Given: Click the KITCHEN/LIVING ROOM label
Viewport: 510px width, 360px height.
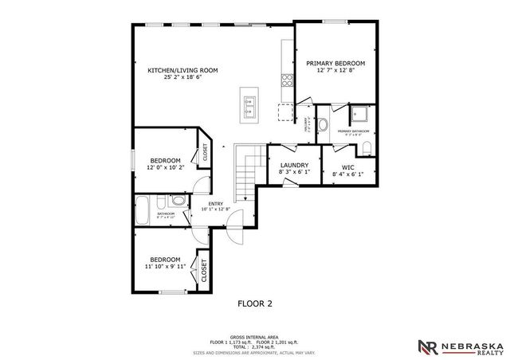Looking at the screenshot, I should pos(182,70).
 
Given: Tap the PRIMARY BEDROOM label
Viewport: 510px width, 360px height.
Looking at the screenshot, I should pos(335,63).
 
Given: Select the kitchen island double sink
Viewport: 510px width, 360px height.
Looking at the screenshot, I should pos(250,102).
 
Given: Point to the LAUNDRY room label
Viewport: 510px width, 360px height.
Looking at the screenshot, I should pos(293,165).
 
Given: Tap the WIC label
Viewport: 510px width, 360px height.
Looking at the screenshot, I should pos(348,166).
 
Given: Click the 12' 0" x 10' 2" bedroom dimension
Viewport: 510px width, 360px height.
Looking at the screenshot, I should pos(167,168).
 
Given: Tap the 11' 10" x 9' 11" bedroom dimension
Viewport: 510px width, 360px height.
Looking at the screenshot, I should pos(165,268).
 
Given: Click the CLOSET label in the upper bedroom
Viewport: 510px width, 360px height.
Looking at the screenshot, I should pos(205,151).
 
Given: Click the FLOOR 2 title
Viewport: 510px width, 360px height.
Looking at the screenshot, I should pos(255,303).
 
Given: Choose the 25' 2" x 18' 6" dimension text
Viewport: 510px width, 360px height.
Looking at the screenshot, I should pos(182,78).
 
